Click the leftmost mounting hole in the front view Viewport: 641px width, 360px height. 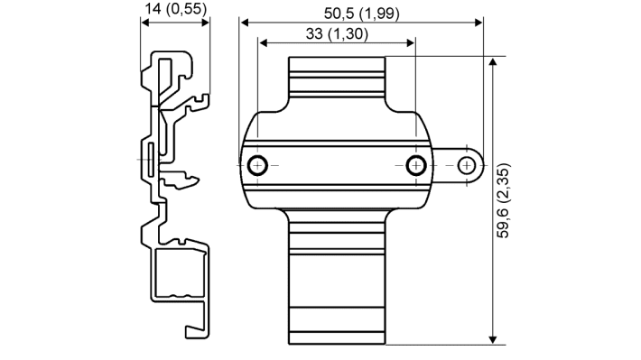(x=258, y=165)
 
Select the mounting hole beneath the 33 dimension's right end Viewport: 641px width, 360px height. (x=415, y=165)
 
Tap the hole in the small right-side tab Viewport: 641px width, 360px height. (x=466, y=165)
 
